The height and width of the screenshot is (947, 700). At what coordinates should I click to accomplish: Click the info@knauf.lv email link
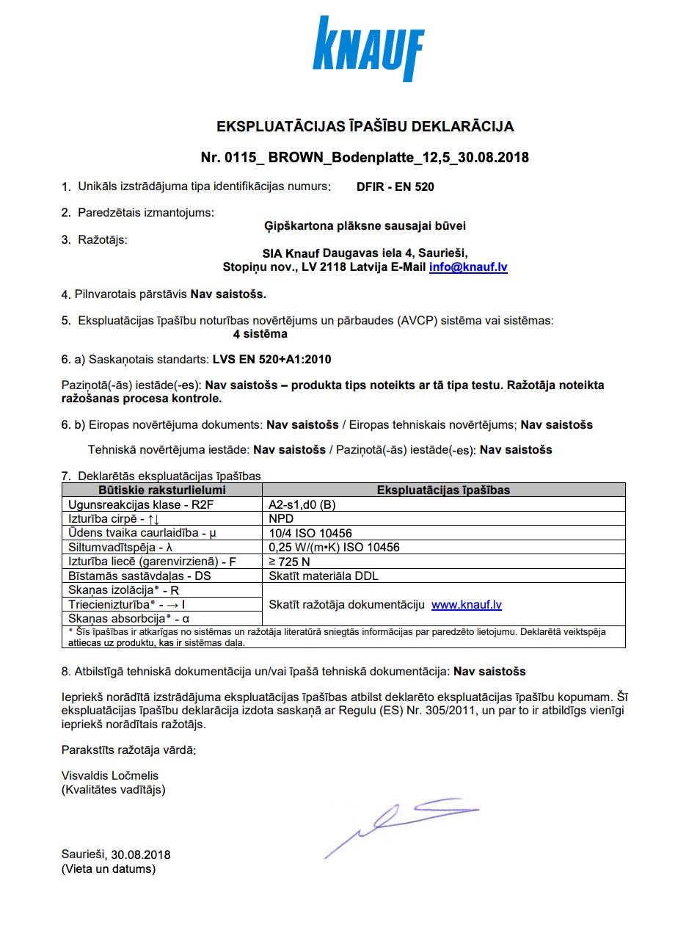(x=468, y=267)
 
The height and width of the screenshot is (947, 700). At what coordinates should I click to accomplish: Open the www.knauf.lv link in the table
(x=466, y=605)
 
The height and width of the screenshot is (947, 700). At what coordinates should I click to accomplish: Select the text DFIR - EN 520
(x=395, y=187)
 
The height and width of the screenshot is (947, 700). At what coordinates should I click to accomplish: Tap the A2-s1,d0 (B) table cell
(x=302, y=505)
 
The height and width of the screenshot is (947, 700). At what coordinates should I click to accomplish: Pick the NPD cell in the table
(x=281, y=519)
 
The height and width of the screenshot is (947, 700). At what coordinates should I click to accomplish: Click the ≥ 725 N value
(x=289, y=562)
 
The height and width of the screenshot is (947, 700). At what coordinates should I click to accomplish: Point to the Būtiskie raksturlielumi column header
(x=162, y=490)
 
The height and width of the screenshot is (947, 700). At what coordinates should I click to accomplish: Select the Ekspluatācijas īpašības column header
(x=443, y=490)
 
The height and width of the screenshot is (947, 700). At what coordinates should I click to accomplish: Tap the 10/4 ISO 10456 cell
(x=310, y=534)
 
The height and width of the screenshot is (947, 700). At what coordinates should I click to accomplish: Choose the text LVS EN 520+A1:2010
(x=271, y=360)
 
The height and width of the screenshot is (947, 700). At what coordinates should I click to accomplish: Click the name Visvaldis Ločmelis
(x=110, y=776)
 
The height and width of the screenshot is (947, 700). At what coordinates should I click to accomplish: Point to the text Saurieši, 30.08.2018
(x=116, y=855)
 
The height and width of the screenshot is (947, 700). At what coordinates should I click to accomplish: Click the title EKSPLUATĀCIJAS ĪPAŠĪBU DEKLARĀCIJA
(x=365, y=127)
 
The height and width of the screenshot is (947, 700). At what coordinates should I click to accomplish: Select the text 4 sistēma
(x=260, y=335)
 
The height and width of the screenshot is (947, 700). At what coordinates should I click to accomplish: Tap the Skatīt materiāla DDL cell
(x=324, y=576)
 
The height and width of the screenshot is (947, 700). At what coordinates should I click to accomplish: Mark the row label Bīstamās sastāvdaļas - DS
(x=139, y=576)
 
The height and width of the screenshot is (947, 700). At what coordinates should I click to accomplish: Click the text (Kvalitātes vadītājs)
(x=114, y=790)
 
